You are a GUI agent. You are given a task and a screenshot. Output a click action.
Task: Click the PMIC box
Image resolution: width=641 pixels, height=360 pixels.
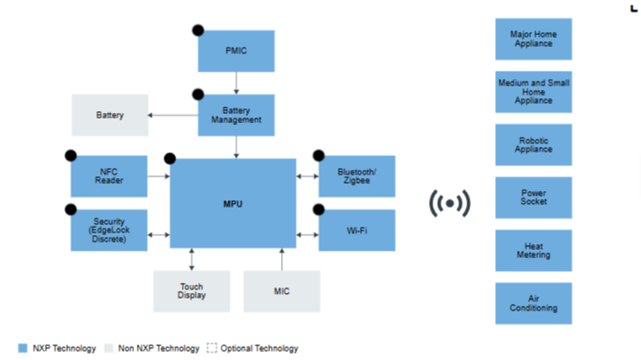pos(236,51)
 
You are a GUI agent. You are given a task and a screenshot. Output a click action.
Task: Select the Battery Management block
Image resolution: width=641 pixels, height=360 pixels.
pos(236,115)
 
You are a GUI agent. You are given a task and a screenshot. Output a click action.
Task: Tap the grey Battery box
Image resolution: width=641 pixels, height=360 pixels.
pos(110,115)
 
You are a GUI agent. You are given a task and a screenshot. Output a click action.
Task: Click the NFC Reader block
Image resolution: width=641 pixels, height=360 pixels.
pos(109,176)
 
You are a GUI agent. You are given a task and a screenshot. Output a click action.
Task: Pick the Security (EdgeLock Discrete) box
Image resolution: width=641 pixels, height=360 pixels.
pos(109,231)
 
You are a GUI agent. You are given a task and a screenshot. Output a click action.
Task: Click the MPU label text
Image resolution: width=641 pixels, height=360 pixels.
pos(232,204)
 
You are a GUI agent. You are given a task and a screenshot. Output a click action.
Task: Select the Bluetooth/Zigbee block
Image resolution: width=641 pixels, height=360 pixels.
pos(357,176)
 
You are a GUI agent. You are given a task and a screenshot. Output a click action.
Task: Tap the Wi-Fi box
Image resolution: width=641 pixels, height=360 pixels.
pos(357,231)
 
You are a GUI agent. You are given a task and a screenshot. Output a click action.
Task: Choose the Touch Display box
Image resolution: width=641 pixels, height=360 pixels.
pos(192,291)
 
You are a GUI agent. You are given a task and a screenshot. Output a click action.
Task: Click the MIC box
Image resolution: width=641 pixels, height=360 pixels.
pos(282,291)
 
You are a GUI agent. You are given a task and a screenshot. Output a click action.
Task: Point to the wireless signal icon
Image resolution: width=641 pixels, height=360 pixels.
pos(450,204)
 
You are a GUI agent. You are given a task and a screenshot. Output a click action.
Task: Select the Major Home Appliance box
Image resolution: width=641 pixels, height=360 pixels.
pos(534,39)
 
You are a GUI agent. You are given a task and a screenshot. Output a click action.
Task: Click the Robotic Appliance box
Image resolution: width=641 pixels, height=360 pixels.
pos(534,145)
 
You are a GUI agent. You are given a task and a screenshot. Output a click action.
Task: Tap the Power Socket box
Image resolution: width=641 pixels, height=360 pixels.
pos(534,197)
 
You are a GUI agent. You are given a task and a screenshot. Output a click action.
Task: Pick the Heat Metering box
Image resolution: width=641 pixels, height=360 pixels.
pos(534,251)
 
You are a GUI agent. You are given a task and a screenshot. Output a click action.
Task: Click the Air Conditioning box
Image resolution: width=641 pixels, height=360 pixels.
pos(534,303)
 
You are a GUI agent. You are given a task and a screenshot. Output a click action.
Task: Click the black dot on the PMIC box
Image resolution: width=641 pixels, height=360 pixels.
pos(198,30)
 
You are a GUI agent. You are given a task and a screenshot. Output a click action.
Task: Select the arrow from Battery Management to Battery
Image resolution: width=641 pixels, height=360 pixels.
pos(173,115)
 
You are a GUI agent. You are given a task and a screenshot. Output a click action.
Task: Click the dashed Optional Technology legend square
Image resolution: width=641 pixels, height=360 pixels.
pos(212,348)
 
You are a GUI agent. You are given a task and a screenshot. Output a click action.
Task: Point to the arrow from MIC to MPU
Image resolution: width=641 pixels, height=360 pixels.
pos(282,259)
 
